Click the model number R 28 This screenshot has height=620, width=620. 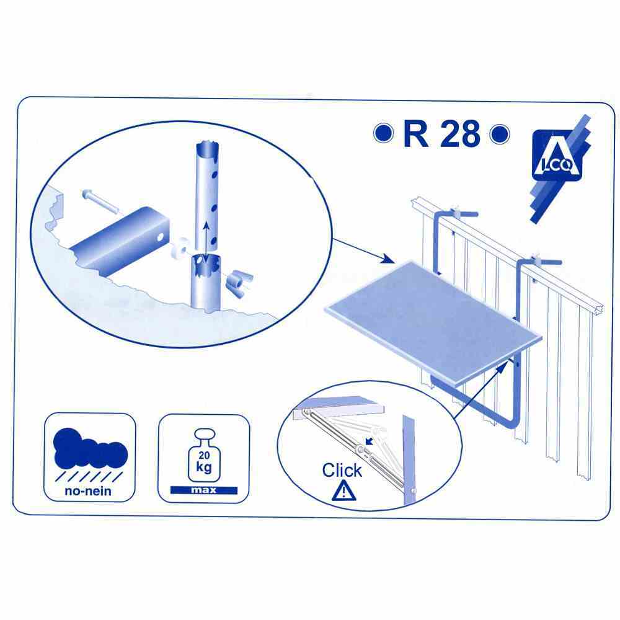pyautogui.click(x=441, y=134)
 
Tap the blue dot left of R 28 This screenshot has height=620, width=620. pyautogui.click(x=383, y=133)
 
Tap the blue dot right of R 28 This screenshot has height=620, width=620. pyautogui.click(x=500, y=134)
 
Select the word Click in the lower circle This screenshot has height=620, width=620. pyautogui.click(x=342, y=470)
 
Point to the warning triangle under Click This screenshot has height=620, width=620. pyautogui.click(x=343, y=490)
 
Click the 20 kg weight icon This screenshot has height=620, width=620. pyautogui.click(x=204, y=455)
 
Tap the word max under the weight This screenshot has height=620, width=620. pyautogui.click(x=204, y=490)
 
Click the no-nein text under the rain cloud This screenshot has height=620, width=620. pyautogui.click(x=88, y=491)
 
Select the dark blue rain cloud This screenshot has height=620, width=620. pyautogui.click(x=90, y=449)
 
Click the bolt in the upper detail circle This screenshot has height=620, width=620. pyautogui.click(x=100, y=201)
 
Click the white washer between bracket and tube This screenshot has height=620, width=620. pyautogui.click(x=183, y=248)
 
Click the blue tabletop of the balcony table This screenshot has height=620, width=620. pyautogui.click(x=433, y=324)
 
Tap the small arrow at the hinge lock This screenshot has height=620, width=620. pyautogui.click(x=369, y=441)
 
